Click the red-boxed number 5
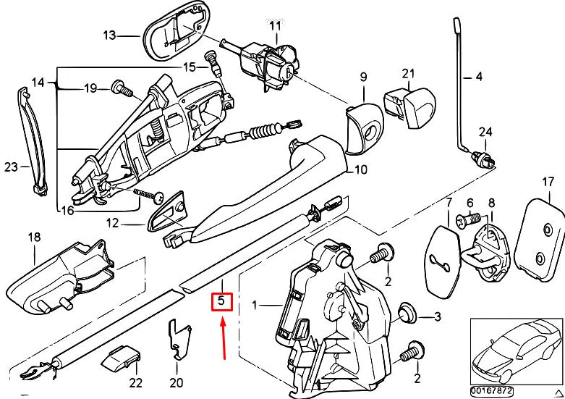pyautogui.click(x=222, y=300)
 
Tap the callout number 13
pyautogui.click(x=109, y=34)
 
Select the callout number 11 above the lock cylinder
pyautogui.click(x=274, y=26)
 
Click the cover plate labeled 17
pyautogui.click(x=543, y=238)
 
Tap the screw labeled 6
pyautogui.click(x=467, y=217)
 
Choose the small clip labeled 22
pyautogui.click(x=124, y=357)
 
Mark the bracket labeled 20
pyautogui.click(x=177, y=340)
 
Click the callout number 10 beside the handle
pyautogui.click(x=360, y=170)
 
